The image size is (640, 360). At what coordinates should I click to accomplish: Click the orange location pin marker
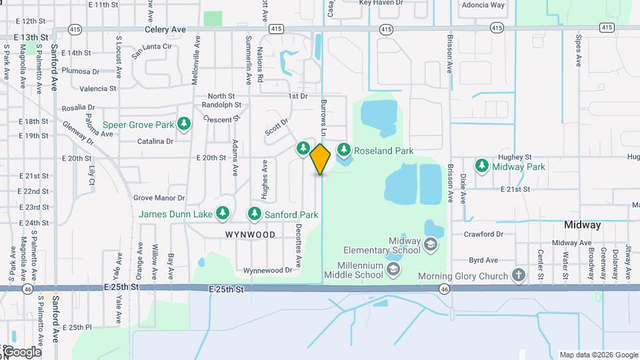click(x=321, y=159)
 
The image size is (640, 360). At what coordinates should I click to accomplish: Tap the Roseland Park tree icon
click(x=344, y=150)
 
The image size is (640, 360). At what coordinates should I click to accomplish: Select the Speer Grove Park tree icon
click(x=185, y=124)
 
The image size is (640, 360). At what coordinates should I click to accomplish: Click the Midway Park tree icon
click(x=481, y=166)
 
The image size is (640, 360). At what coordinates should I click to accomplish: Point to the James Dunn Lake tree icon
click(x=223, y=214)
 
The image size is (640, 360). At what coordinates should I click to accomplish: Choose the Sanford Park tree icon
click(x=254, y=214)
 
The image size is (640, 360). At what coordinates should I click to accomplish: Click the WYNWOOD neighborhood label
click(x=250, y=235)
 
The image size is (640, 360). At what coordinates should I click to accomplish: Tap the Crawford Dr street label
click(x=483, y=234)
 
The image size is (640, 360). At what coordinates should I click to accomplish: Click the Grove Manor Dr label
click(x=159, y=198)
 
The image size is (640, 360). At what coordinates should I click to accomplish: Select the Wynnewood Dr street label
click(x=268, y=270)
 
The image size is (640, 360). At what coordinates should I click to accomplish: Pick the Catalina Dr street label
click(x=155, y=141)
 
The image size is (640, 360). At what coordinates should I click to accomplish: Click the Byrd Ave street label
click(x=483, y=260)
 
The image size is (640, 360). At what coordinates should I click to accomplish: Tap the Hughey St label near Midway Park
click(x=514, y=157)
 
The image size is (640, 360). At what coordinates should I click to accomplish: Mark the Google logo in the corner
click(x=21, y=352)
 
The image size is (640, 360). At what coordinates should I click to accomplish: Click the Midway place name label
click(x=582, y=225)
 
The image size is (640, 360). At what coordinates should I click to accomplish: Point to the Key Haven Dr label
click(x=381, y=3)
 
